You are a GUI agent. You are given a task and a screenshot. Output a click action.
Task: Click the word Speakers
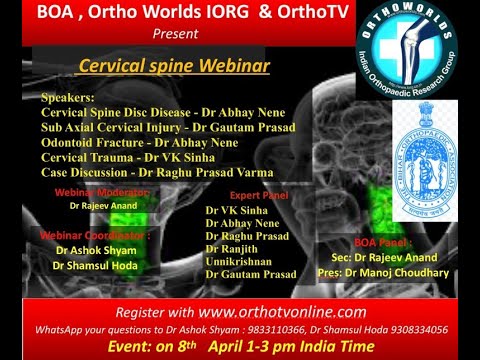pos(71,100)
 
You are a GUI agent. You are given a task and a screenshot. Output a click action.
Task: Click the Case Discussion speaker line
pos(155,172)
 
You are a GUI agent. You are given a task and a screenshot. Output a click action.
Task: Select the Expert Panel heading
pos(259,195)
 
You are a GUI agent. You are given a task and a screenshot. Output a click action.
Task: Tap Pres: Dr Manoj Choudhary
pos(394,271)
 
